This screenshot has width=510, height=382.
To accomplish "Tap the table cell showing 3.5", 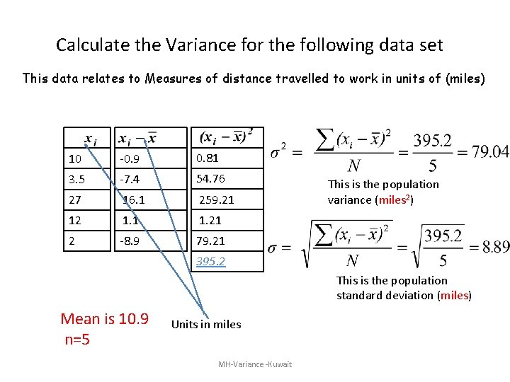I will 77,179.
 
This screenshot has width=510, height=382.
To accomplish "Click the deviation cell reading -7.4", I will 130,179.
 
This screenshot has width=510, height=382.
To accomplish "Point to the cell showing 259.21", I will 216,200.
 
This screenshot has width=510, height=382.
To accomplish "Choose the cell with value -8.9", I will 130,241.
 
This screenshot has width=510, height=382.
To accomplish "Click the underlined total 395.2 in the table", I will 210,262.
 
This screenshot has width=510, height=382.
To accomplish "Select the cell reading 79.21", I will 210,241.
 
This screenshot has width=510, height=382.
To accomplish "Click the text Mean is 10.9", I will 105,319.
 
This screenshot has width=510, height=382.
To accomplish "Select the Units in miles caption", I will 206,325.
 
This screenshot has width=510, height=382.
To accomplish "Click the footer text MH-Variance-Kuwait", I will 255,364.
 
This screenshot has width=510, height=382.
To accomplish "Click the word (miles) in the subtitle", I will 465,78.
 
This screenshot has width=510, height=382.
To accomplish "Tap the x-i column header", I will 91,138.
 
